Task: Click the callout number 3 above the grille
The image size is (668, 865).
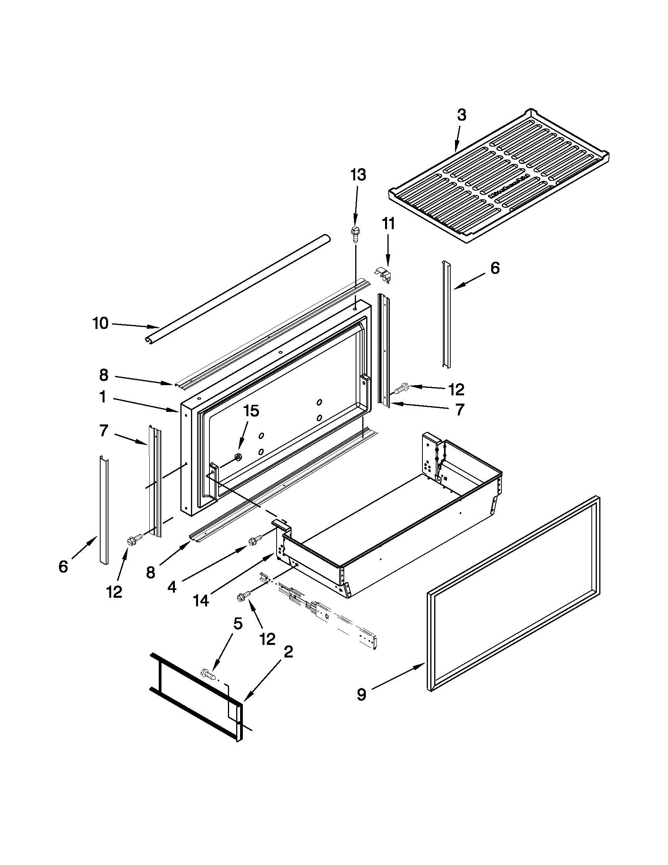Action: [x=461, y=115]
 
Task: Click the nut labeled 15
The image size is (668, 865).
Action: [x=239, y=457]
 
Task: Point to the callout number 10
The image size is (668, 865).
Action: [x=100, y=323]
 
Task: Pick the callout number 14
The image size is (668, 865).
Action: [x=201, y=601]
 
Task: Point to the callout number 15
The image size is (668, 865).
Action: [x=251, y=411]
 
